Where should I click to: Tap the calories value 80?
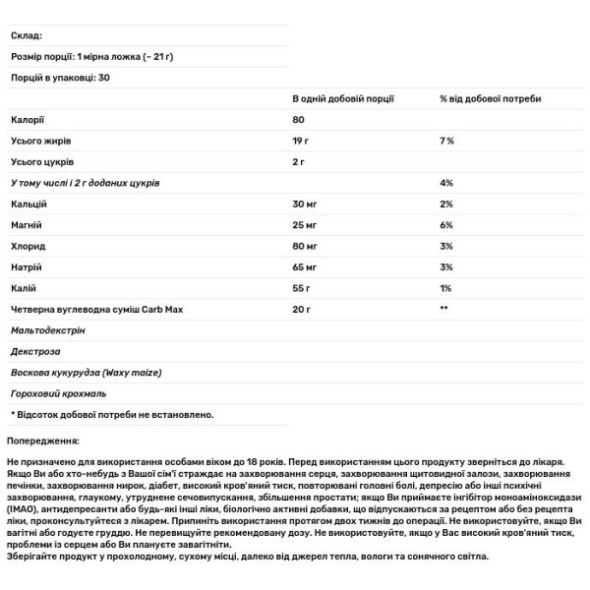coord(299,120)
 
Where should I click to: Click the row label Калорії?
coord(28,120)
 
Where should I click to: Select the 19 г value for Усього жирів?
coord(302,141)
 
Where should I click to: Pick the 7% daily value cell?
coord(446,141)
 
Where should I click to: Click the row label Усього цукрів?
coord(42,161)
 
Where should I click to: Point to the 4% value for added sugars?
coord(446,183)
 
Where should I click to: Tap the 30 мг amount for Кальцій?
coord(305,204)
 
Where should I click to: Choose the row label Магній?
coord(27,224)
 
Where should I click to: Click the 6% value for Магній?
coord(446,224)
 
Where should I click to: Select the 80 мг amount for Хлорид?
coord(305,245)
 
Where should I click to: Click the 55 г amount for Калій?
coord(302,287)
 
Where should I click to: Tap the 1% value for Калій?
coord(446,287)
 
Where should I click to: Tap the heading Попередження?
coord(43,442)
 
